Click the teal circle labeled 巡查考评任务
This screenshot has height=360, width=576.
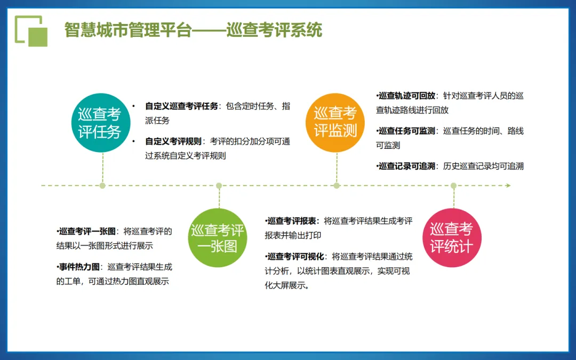click(100, 123)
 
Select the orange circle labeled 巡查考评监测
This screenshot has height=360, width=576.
click(335, 122)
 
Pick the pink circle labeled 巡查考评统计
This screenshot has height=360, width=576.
click(452, 238)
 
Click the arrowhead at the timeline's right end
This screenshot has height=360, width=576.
click(508, 186)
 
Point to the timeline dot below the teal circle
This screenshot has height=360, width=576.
click(102, 186)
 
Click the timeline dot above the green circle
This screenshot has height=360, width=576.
click(219, 186)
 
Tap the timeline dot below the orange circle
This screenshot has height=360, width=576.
click(337, 186)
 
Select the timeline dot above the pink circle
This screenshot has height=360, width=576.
click(453, 186)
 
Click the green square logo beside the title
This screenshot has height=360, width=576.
click(31, 31)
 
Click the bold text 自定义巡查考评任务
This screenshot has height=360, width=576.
click(182, 106)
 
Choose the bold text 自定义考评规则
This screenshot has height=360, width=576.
click(173, 141)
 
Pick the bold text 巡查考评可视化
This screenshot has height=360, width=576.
click(296, 256)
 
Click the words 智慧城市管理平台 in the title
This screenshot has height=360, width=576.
click(127, 30)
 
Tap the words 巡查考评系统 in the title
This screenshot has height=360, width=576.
click(274, 30)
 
